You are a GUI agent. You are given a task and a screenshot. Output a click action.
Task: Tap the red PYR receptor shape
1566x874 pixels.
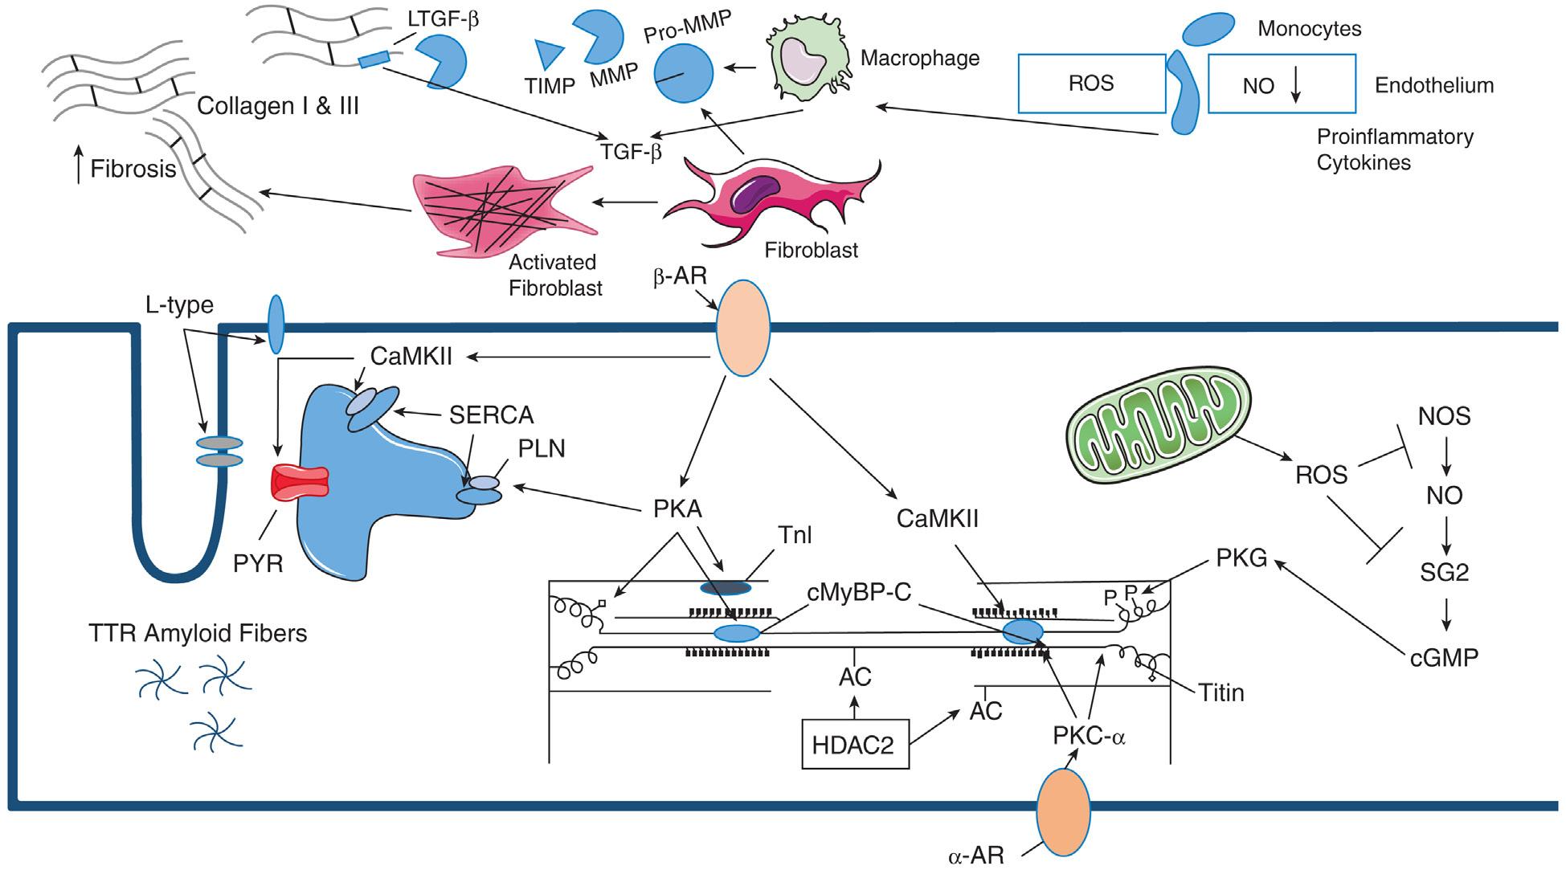pyautogui.click(x=300, y=483)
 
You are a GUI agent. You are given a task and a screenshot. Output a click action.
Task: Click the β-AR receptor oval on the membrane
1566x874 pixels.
pyautogui.click(x=742, y=328)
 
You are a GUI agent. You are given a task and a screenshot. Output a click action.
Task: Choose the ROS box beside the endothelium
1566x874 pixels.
pyautogui.click(x=1091, y=84)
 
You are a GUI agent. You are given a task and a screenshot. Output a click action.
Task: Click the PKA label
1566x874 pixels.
pyautogui.click(x=677, y=508)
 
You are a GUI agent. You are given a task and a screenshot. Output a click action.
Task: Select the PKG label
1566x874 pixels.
pyautogui.click(x=1241, y=557)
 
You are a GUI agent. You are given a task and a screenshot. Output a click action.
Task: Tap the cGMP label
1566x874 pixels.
pyautogui.click(x=1444, y=658)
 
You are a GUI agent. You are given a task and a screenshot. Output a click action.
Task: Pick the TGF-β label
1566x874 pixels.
pyautogui.click(x=631, y=151)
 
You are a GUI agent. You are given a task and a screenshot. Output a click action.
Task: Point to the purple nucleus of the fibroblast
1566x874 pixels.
pyautogui.click(x=754, y=194)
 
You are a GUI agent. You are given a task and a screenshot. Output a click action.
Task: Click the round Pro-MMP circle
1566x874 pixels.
pyautogui.click(x=682, y=73)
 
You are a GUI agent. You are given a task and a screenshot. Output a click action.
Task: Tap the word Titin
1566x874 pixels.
pyautogui.click(x=1220, y=692)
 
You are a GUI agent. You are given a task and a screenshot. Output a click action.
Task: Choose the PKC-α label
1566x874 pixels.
pyautogui.click(x=1089, y=735)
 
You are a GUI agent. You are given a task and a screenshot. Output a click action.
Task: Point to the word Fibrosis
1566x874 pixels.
pyautogui.click(x=133, y=169)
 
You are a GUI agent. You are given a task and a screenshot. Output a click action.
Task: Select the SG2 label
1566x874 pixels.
pyautogui.click(x=1444, y=572)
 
